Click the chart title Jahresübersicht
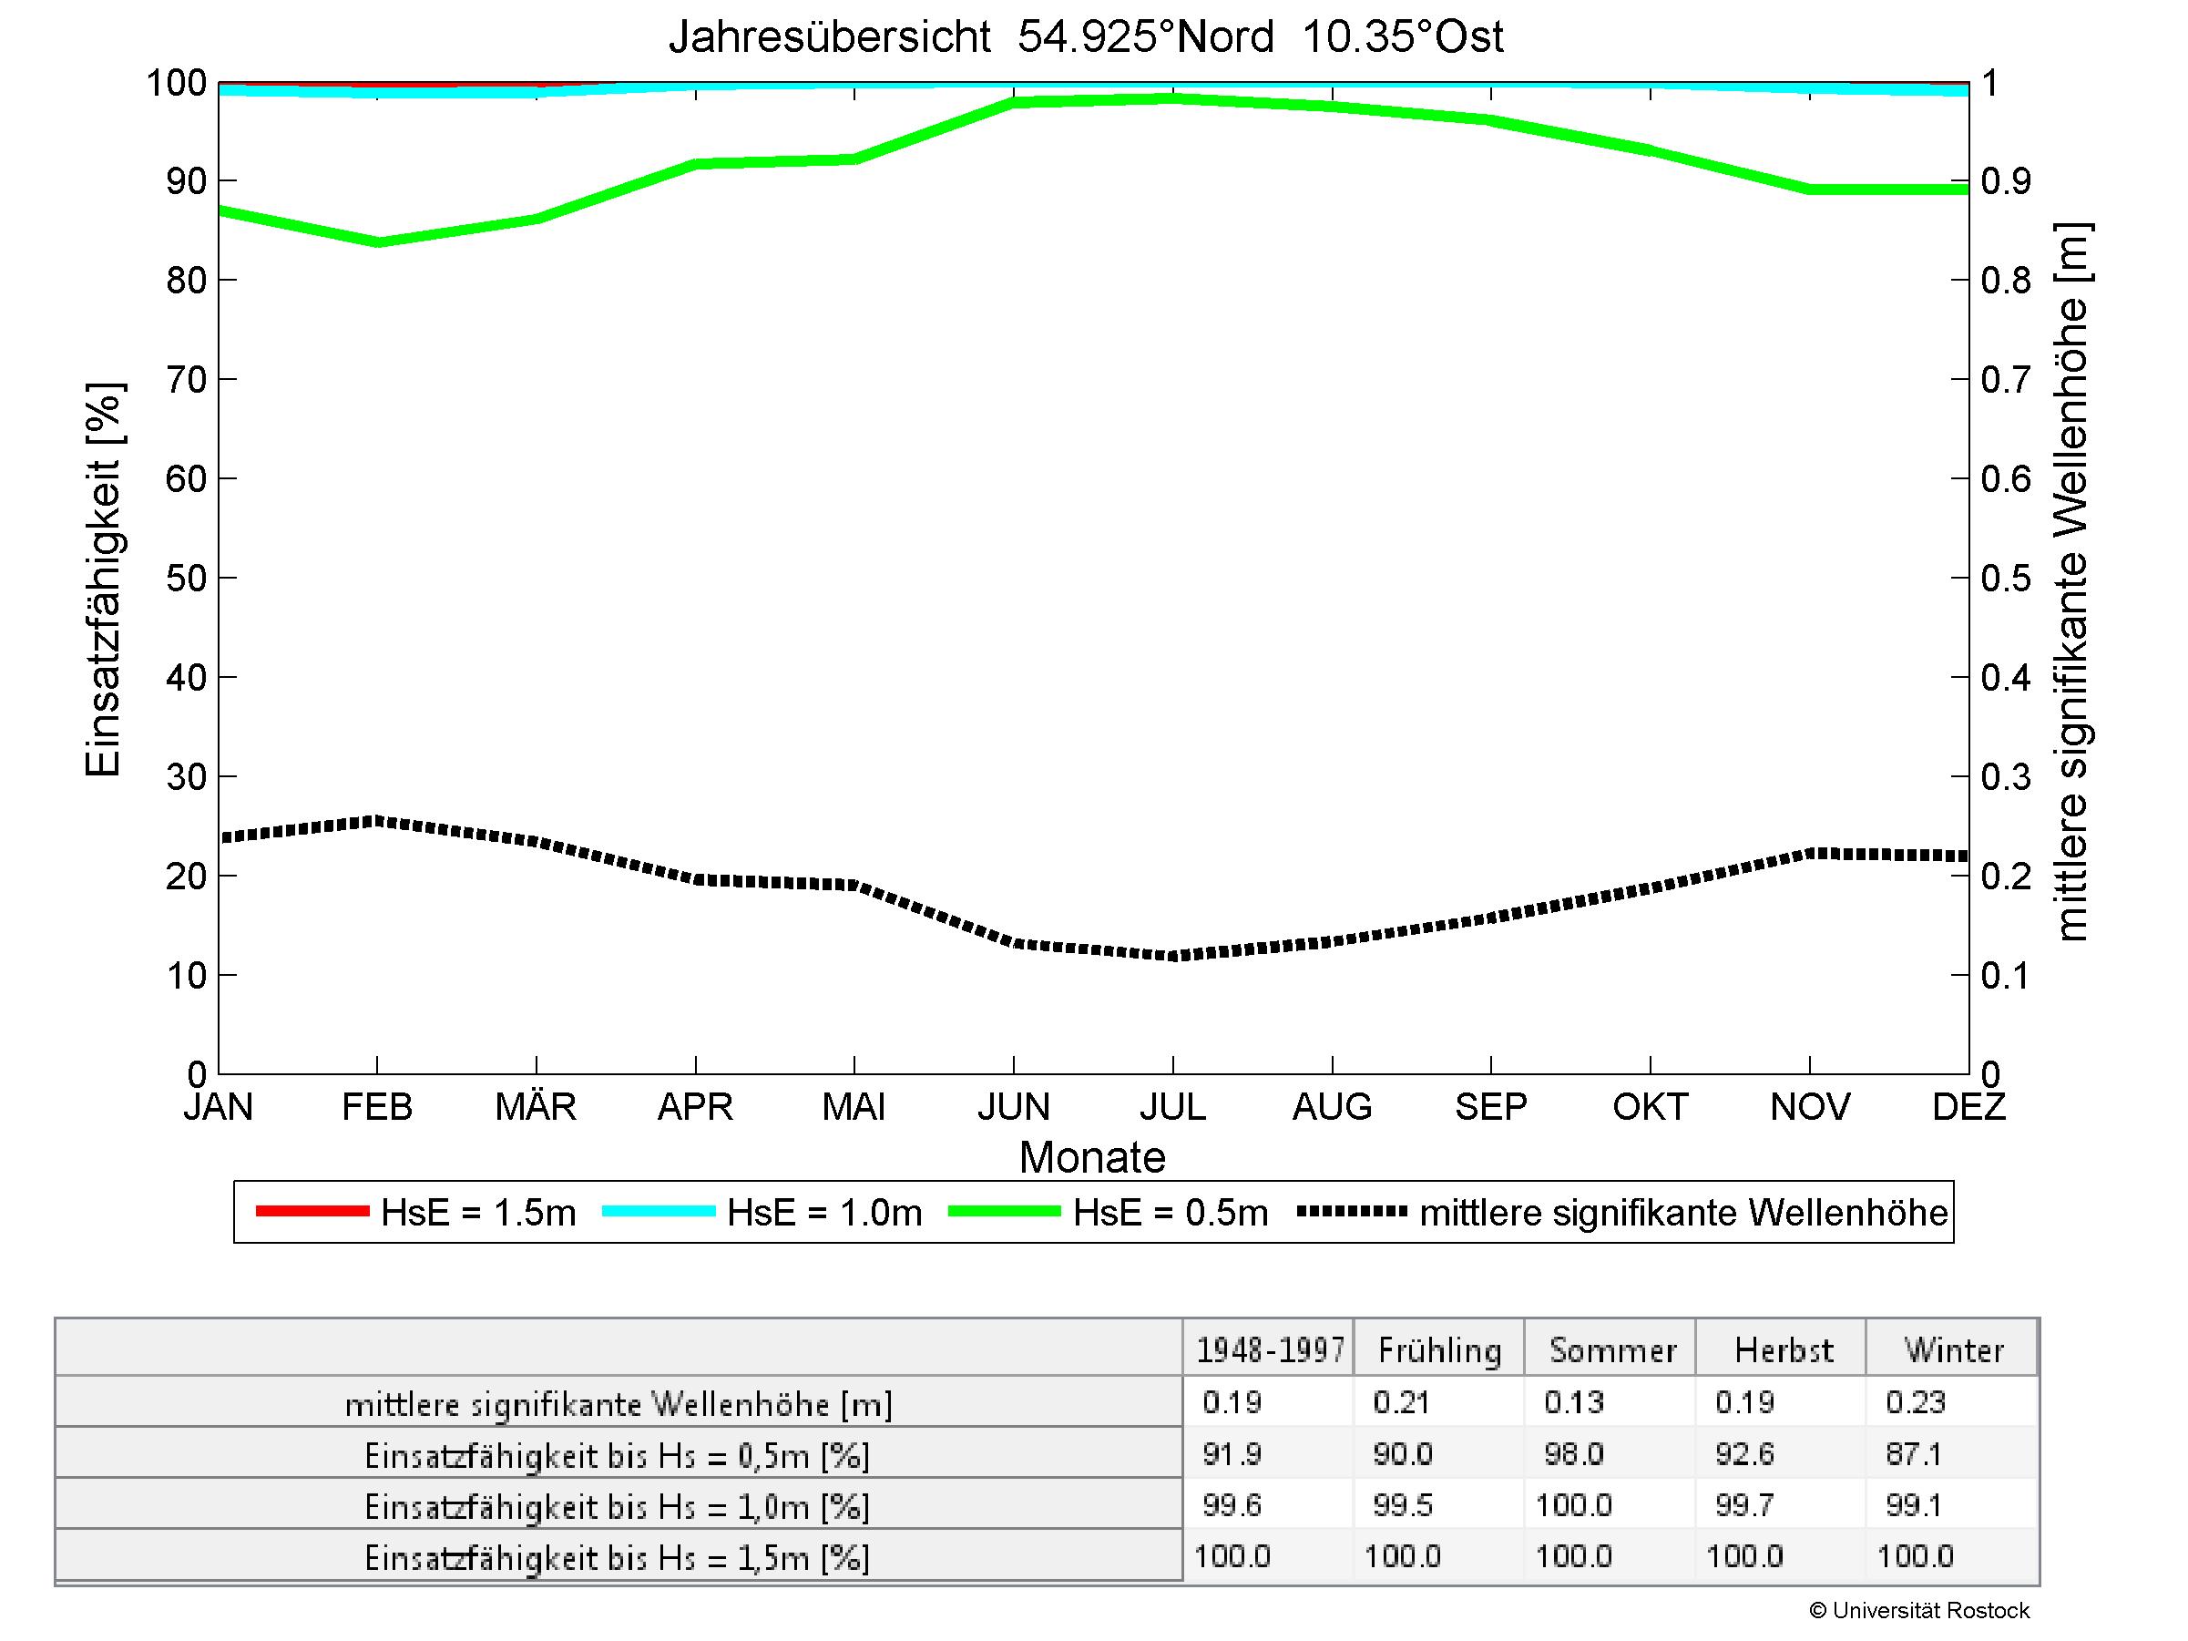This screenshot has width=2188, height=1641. pos(1085,37)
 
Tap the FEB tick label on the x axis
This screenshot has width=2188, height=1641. pos(377,1106)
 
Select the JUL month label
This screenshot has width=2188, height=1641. pos(1172,1106)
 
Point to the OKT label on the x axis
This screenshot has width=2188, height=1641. pos(1650,1106)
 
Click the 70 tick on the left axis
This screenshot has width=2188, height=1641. pos(186,379)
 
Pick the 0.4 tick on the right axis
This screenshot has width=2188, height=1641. pos(2006,678)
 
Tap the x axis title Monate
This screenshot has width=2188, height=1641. pos(1092,1157)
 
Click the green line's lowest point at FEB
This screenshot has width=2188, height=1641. pos(377,242)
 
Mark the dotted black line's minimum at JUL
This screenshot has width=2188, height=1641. pos(1173,957)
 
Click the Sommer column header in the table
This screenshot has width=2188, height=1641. pos(1612,1350)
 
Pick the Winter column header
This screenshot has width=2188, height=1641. pos(1954,1350)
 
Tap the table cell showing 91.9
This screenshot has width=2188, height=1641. pos(1232,1454)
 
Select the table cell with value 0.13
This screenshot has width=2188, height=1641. pos(1574,1402)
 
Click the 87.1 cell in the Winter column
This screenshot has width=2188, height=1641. pos(1914,1454)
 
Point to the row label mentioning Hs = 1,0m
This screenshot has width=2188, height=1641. pos(618,1506)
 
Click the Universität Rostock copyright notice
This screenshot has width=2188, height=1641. pos(1919,1611)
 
